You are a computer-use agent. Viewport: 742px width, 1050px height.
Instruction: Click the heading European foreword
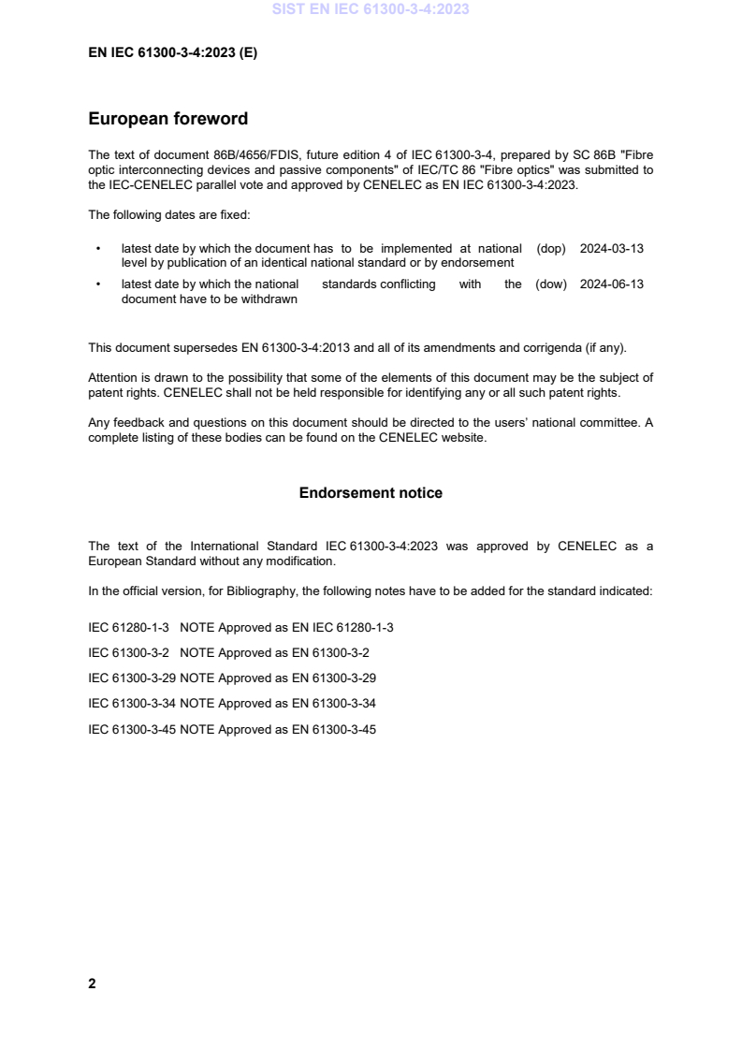tap(167, 119)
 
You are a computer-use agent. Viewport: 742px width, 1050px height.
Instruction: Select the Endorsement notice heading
tap(371, 492)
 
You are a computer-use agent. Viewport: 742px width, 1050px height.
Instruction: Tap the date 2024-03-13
tap(612, 249)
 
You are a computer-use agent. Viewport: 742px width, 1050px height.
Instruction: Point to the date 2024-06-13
tap(612, 284)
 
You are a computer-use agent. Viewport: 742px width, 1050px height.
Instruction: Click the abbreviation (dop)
tap(552, 249)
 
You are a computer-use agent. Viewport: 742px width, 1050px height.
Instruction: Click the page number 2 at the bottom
tap(92, 984)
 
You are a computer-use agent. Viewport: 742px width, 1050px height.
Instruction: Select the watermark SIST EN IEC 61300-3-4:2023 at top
tap(371, 10)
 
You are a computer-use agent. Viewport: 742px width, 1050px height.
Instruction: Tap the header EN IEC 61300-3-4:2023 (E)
tap(172, 53)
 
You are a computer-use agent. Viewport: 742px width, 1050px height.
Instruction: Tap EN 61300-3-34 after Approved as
tap(333, 703)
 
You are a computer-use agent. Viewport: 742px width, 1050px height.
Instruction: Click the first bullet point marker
tap(98, 250)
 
